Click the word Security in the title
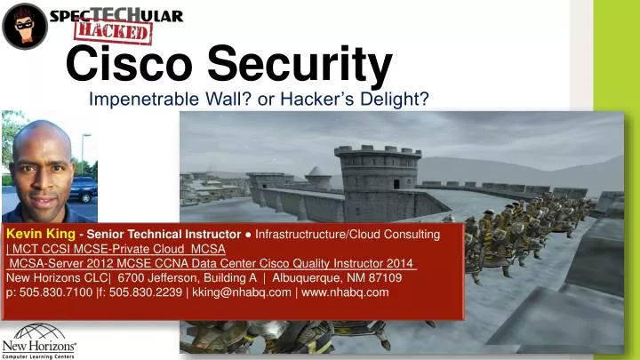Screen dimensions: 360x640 pos(297,65)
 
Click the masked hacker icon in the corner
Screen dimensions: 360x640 pos(25,25)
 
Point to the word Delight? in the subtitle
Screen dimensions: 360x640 pos(396,100)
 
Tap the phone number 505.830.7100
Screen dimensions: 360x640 pos(52,292)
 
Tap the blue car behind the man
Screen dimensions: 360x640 pos(84,188)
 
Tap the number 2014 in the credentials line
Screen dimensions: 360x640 pos(402,263)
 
